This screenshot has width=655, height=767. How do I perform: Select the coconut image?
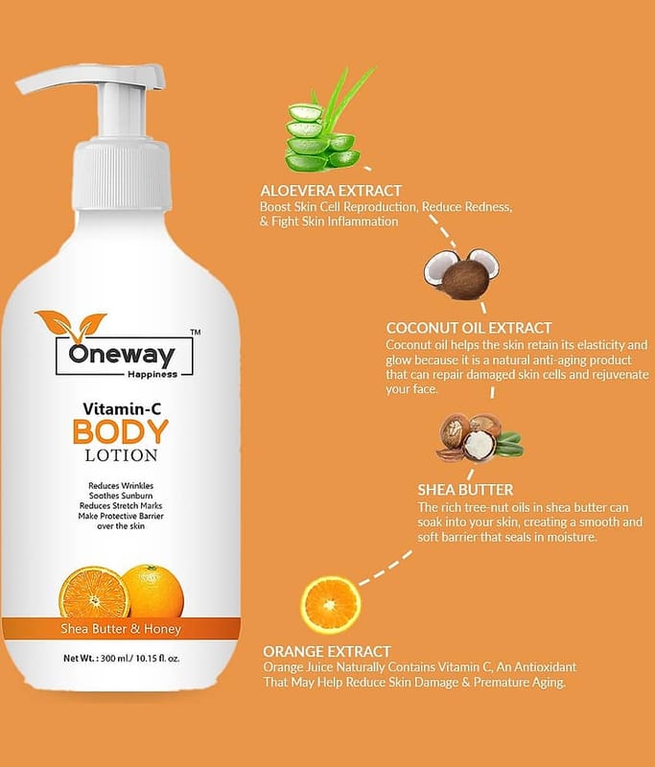pyautogui.click(x=461, y=274)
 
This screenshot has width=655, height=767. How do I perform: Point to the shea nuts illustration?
pyautogui.click(x=479, y=438)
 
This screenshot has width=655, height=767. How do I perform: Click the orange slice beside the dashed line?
pyautogui.click(x=330, y=605)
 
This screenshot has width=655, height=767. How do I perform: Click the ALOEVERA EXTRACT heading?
pyautogui.click(x=331, y=190)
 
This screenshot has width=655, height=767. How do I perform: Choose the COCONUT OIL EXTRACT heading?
pyautogui.click(x=469, y=328)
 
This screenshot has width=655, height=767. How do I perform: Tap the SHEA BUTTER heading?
pyautogui.click(x=465, y=490)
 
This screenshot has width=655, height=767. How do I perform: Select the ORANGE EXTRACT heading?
pyautogui.click(x=327, y=652)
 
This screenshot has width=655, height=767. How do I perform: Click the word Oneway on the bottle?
pyautogui.click(x=122, y=355)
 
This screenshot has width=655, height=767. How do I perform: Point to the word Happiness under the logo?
pyautogui.click(x=152, y=374)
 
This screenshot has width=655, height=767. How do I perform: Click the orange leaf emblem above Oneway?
pyautogui.click(x=71, y=325)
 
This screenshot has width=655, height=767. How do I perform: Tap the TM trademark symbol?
pyautogui.click(x=196, y=332)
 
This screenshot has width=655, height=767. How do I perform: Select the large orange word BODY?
pyautogui.click(x=120, y=431)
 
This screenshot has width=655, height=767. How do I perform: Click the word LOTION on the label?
pyautogui.click(x=122, y=455)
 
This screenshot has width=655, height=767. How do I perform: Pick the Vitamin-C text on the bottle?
pyautogui.click(x=122, y=408)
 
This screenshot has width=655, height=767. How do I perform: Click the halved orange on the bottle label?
pyautogui.click(x=94, y=592)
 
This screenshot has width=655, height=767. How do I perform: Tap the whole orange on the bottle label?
pyautogui.click(x=153, y=591)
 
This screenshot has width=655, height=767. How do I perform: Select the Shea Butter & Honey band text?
pyautogui.click(x=121, y=629)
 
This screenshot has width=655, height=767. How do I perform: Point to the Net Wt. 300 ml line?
pyautogui.click(x=122, y=658)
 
